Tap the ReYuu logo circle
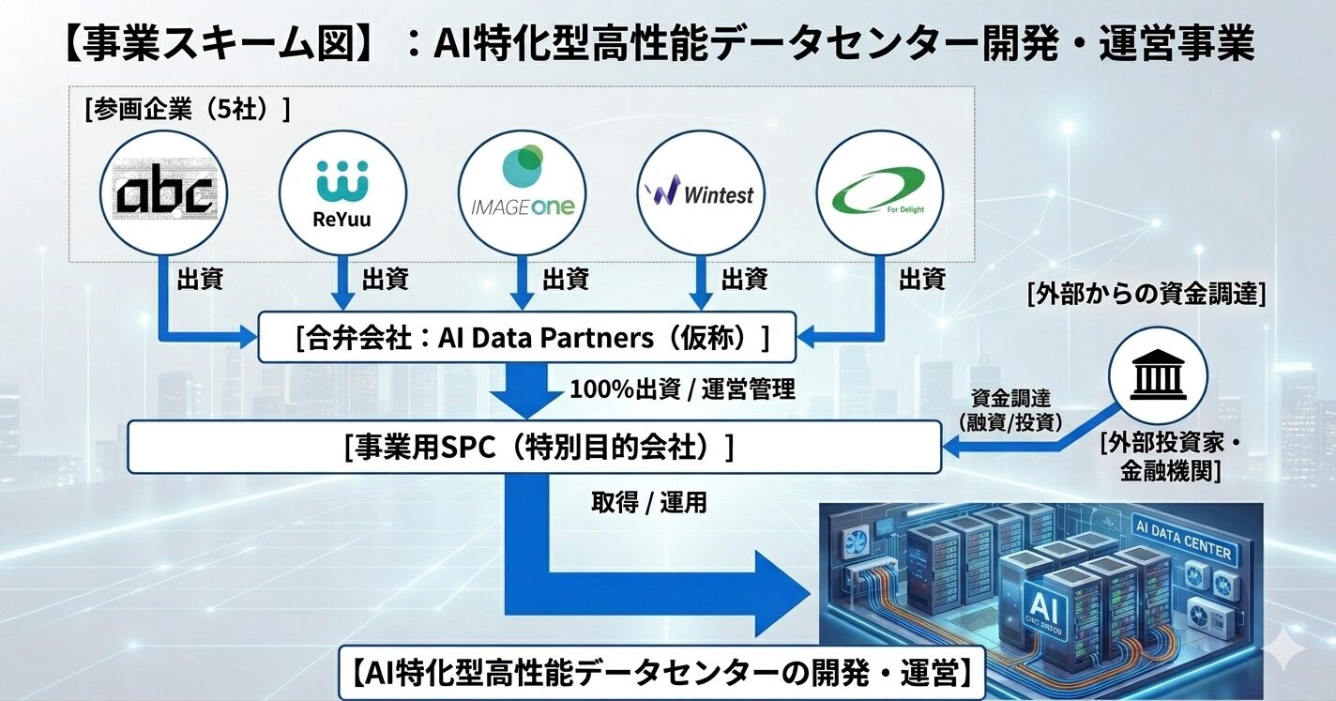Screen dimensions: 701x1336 pyautogui.click(x=343, y=193)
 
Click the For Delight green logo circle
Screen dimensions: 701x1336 pyautogui.click(x=880, y=193)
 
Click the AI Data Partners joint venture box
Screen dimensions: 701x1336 pyautogui.click(x=527, y=338)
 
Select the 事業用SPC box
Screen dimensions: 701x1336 pyautogui.click(x=534, y=447)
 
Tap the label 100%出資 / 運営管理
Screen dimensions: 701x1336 pyautogui.click(x=682, y=389)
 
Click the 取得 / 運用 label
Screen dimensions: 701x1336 pyautogui.click(x=648, y=503)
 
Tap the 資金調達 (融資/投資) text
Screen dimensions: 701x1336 pyautogui.click(x=1009, y=410)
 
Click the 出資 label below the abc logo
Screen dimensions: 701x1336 pyautogui.click(x=200, y=279)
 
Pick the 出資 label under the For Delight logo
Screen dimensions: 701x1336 pyautogui.click(x=921, y=279)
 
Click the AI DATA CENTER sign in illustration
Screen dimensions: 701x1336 pyautogui.click(x=1182, y=541)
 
